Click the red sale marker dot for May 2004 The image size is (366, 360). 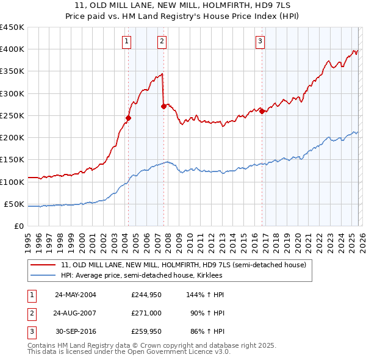click(x=129, y=118)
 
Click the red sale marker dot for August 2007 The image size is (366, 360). click(x=163, y=106)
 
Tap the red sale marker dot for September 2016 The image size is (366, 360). click(x=262, y=111)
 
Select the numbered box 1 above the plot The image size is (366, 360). click(x=126, y=41)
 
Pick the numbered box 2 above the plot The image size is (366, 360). click(x=162, y=41)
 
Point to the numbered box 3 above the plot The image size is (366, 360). click(x=260, y=41)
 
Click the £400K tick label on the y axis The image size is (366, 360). click(x=12, y=49)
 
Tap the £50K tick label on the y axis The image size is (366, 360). click(x=15, y=204)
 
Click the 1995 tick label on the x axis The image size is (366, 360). click(x=28, y=239)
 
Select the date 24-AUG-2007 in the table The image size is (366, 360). click(x=76, y=312)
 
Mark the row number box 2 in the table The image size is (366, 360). click(x=30, y=312)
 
